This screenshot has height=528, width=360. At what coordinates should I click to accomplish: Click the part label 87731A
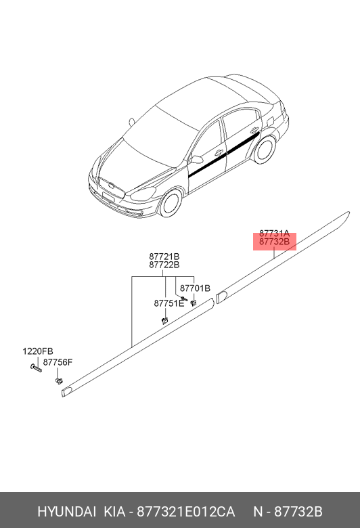[274, 233]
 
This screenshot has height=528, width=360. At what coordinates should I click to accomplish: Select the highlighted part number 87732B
[274, 242]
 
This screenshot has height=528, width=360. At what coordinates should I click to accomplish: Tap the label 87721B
[164, 257]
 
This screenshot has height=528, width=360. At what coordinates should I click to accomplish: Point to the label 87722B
[164, 265]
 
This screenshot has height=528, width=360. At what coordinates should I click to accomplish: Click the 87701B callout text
[195, 288]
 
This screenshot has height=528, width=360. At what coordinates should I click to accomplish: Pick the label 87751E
[169, 303]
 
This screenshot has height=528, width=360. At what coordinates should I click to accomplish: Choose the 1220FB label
[38, 351]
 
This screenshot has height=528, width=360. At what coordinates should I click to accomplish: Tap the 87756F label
[58, 362]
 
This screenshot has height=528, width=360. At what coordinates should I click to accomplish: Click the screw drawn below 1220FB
[36, 368]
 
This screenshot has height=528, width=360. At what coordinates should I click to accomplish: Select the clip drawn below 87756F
[59, 381]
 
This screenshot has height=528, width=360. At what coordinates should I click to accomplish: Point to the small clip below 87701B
[194, 303]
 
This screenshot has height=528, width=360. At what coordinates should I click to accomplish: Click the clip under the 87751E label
[164, 320]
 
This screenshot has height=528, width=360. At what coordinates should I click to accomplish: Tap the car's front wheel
[171, 203]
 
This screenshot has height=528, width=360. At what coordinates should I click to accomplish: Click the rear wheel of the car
[265, 150]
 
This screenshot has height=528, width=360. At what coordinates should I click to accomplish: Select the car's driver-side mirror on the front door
[196, 159]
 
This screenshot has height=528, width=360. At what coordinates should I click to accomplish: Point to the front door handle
[219, 152]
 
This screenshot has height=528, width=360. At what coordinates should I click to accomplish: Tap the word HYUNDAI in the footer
[67, 512]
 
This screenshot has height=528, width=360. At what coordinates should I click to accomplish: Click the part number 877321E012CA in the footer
[186, 512]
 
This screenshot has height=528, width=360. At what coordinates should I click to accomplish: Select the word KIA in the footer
[114, 512]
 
